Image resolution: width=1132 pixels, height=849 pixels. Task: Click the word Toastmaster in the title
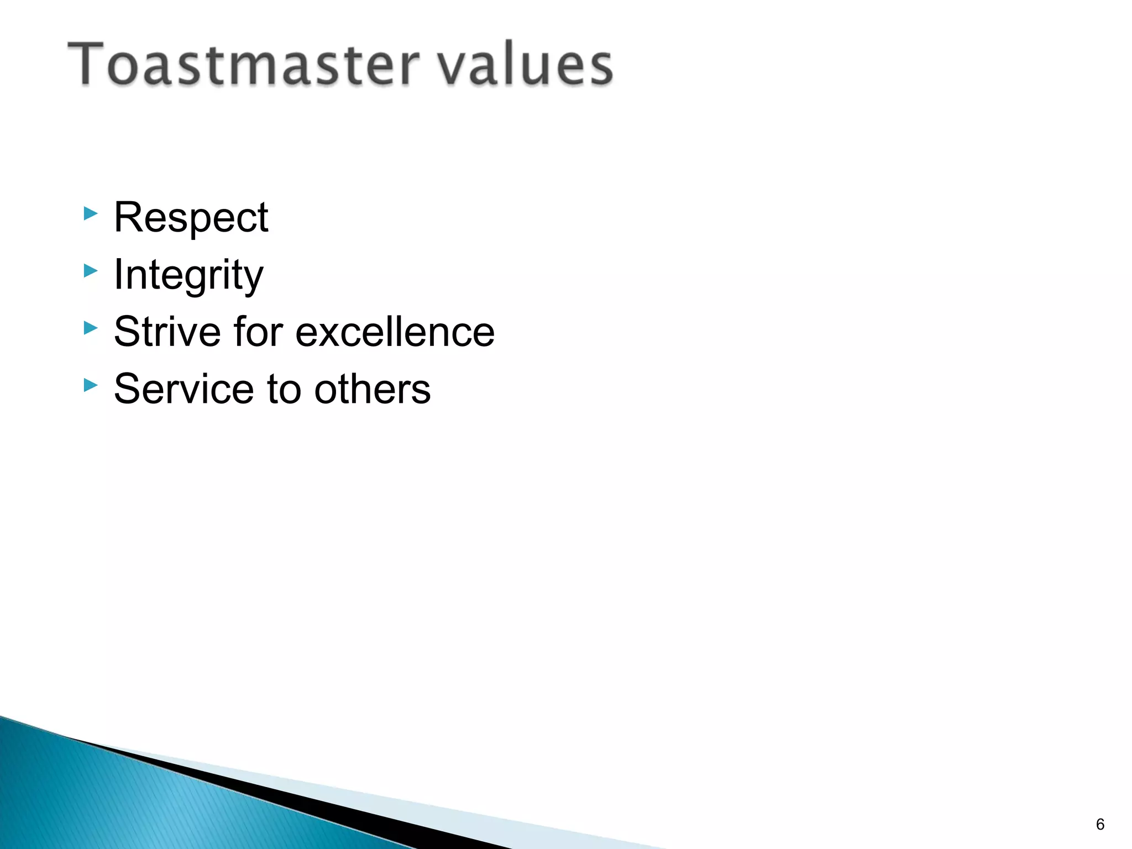[x=243, y=65]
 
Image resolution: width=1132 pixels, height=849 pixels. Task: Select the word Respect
[x=191, y=218]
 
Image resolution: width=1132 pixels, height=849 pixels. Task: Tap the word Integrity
[x=188, y=275]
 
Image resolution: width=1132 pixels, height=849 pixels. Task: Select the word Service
[x=183, y=389]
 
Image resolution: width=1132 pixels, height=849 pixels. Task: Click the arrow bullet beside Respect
[x=91, y=213]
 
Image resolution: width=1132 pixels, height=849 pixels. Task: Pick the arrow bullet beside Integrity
[x=91, y=271]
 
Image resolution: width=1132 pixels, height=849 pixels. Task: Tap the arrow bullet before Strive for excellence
[x=91, y=328]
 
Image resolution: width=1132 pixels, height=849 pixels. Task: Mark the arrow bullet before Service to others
[x=91, y=385]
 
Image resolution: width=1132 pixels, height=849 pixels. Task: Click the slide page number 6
[x=1100, y=824]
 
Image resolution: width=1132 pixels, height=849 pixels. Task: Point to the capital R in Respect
[x=128, y=217]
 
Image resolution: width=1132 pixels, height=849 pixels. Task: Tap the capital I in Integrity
[x=118, y=274]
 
